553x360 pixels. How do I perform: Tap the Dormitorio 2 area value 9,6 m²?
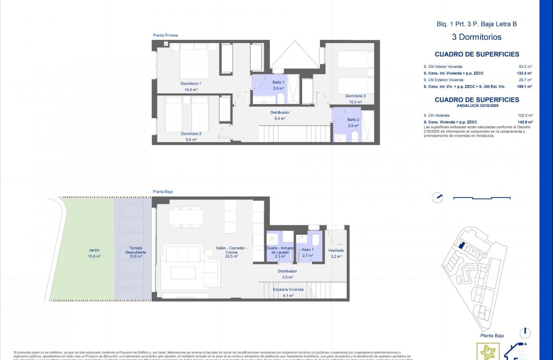point(191,140)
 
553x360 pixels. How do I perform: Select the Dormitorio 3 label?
point(355,96)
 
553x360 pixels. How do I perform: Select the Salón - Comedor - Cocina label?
point(231,250)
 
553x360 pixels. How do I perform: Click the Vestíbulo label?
point(336,250)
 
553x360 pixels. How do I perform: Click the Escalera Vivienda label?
point(288,290)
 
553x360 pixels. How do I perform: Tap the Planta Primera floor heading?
point(165,36)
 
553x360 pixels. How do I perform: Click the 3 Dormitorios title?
point(476,37)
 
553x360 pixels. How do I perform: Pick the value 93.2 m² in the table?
point(525,67)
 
